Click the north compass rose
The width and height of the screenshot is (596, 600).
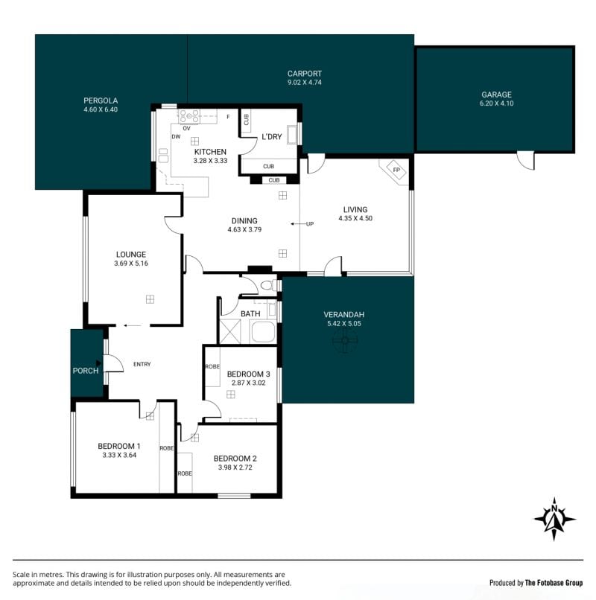coord(554,519)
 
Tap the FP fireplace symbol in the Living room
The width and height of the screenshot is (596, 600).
coord(396,170)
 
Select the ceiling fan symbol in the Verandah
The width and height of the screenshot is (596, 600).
coord(345,340)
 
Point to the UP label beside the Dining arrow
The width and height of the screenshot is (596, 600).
coord(310,224)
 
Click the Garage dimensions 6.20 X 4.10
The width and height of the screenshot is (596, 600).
coord(496,103)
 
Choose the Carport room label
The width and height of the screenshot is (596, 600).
coord(305,74)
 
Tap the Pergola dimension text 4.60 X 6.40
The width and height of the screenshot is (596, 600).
coord(101,109)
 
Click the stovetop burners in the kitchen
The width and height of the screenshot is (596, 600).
coord(189,116)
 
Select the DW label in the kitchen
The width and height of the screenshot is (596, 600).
coord(176,137)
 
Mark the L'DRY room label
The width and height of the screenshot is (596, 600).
coord(272,137)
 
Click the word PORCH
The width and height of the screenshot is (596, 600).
coord(86,371)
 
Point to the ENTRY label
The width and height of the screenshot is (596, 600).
coord(142,364)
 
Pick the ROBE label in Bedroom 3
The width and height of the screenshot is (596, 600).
coord(212,366)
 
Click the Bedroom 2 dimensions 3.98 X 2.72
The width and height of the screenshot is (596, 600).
coord(235,467)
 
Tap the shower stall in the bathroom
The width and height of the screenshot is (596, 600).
coord(231,331)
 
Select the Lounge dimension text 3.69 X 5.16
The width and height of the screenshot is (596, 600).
coord(131,264)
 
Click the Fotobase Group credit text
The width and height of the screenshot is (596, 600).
coord(554,583)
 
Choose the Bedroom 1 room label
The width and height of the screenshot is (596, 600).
coord(119,446)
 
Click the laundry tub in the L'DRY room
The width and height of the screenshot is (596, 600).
coord(292,134)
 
